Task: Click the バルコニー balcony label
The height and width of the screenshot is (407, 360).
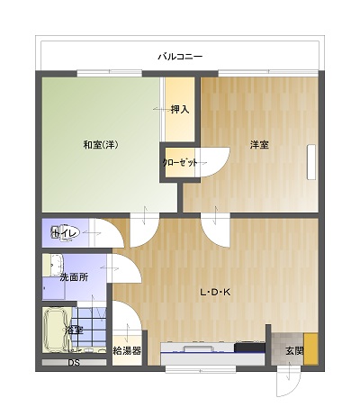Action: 180,57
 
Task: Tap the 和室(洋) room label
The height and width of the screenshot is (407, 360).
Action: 101,145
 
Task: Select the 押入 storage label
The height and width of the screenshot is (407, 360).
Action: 180,110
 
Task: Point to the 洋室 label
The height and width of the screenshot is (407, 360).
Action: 259,145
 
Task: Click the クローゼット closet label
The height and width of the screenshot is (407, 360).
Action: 180,163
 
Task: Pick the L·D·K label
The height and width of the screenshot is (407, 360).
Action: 215,292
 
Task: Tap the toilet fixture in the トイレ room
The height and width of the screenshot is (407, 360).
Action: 66,233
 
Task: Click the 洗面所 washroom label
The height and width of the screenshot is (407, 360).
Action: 74,277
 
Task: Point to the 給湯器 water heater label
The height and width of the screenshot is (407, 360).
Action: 127,350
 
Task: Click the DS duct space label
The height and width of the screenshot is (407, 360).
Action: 74,363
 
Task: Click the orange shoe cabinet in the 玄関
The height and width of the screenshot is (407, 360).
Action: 310,348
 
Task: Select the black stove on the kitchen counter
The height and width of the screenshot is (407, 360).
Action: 249,348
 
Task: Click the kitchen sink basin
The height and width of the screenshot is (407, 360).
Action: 198,348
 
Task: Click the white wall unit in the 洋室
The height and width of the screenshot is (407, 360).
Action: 311,162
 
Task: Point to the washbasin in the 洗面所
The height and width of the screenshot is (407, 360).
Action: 57,265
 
